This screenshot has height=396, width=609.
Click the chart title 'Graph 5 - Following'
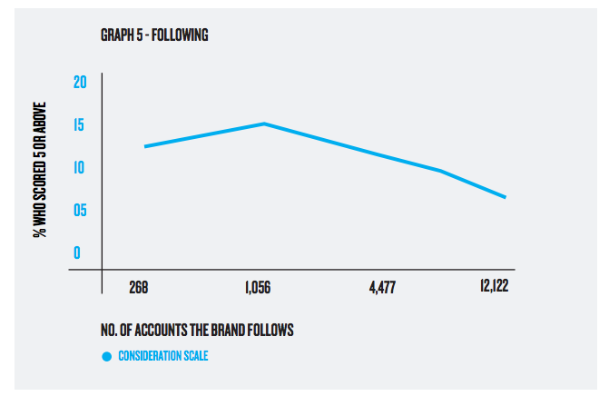(154, 36)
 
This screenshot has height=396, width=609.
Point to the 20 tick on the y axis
(80, 83)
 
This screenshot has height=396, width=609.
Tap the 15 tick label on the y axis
(80, 125)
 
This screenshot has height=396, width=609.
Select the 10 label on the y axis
(80, 168)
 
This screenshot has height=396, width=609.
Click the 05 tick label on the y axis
(80, 211)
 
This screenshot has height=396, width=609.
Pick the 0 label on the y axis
(77, 253)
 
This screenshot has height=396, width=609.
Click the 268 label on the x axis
(138, 289)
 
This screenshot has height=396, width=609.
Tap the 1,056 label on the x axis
(258, 289)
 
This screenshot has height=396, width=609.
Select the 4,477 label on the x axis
(382, 289)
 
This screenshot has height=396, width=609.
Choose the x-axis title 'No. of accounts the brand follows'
(197, 330)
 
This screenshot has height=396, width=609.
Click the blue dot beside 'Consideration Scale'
(107, 356)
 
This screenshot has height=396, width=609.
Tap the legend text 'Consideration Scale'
(163, 356)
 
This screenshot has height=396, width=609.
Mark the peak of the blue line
(264, 124)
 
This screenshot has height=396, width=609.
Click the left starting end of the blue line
(145, 146)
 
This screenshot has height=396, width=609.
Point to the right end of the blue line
(506, 197)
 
